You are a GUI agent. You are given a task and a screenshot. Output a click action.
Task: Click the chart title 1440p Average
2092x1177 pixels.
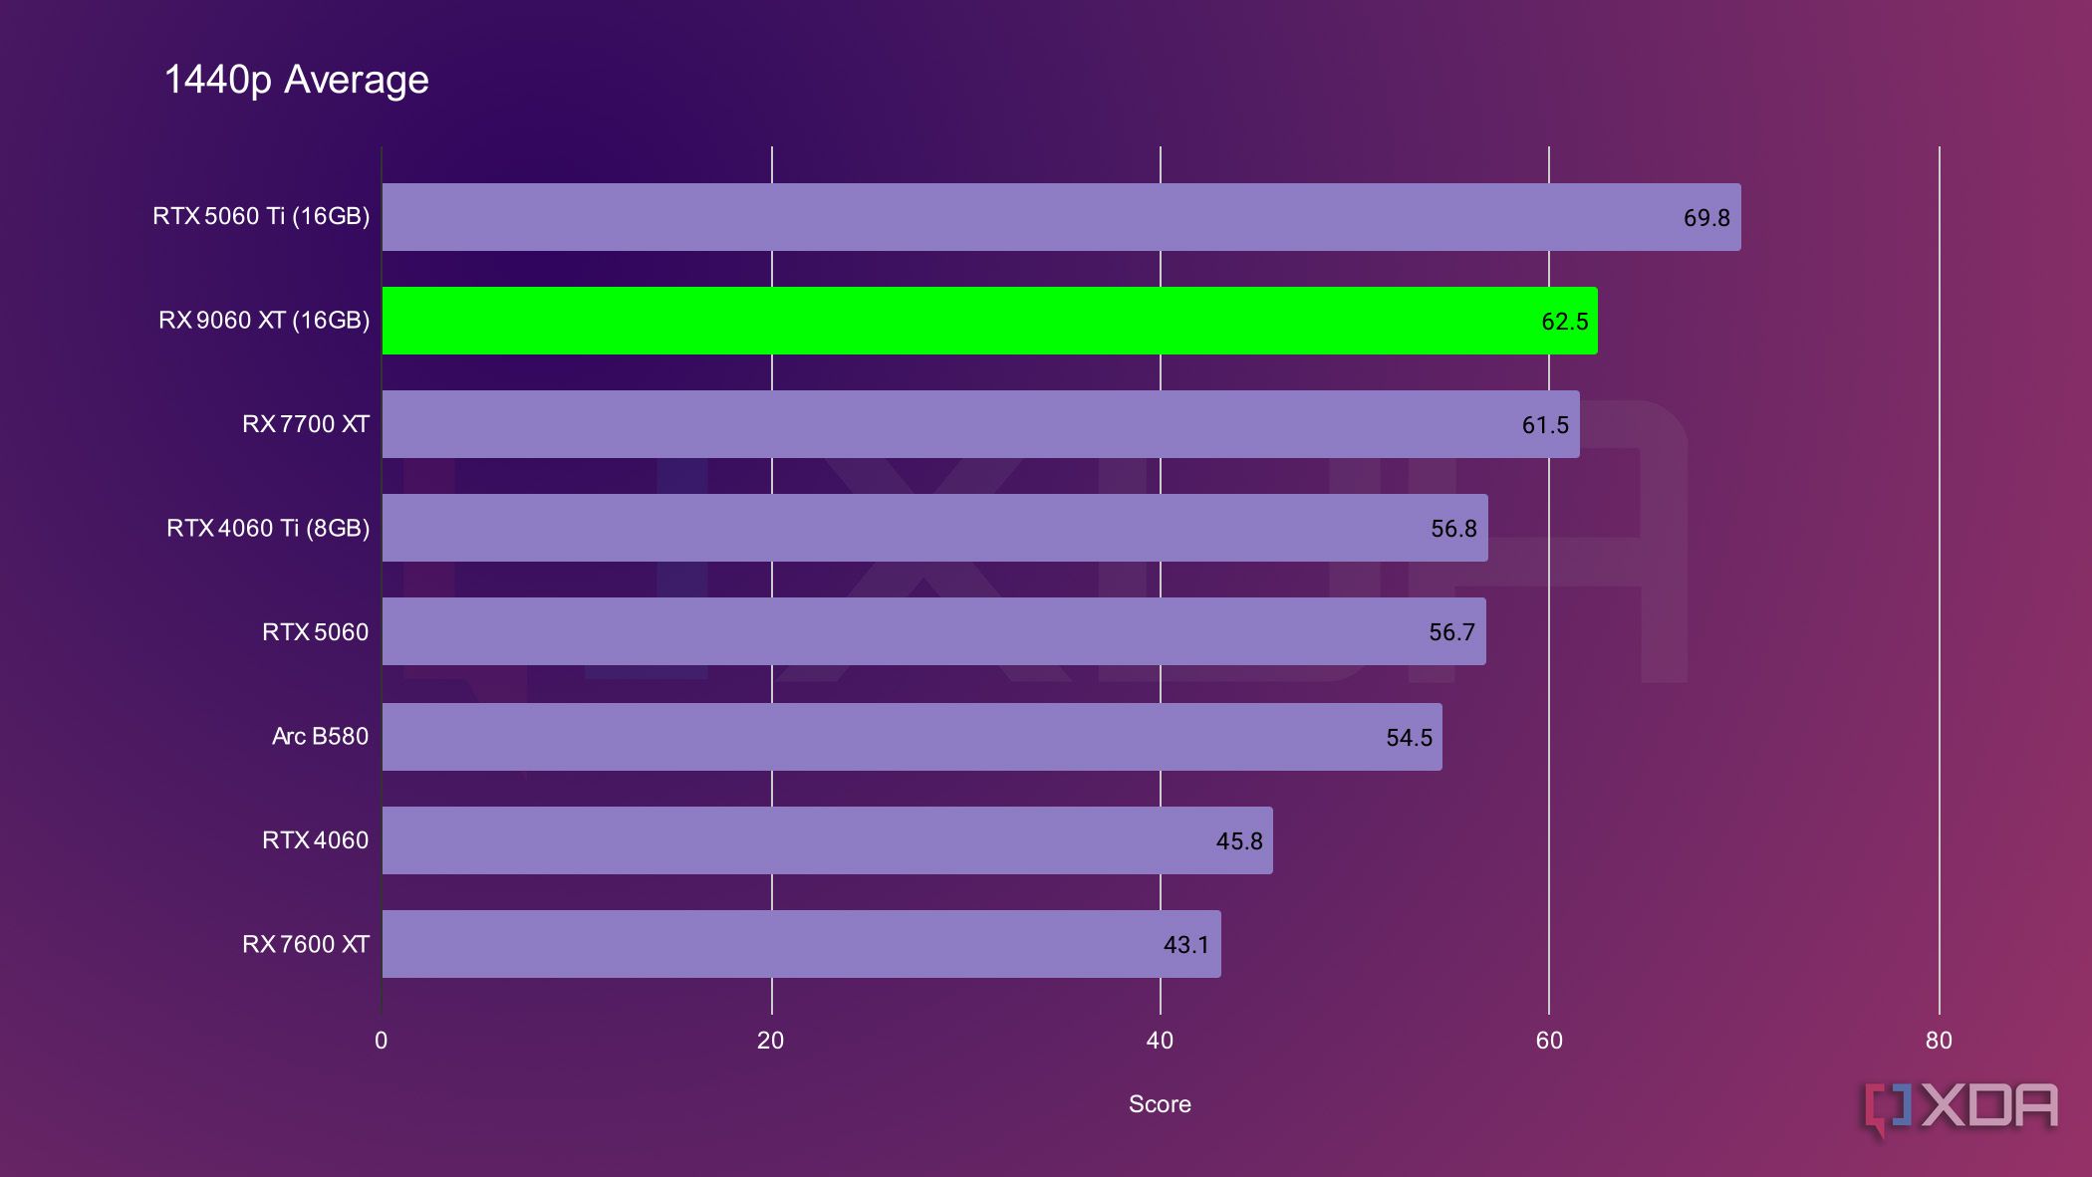pos(296,80)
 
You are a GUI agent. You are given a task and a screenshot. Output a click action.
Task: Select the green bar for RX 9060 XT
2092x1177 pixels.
pos(989,321)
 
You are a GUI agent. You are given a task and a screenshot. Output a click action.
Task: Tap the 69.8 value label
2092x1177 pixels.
pos(1705,218)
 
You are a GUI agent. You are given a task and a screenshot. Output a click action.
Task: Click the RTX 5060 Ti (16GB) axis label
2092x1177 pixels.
pos(261,216)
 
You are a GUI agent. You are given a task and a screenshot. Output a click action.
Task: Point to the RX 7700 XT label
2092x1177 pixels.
pos(305,424)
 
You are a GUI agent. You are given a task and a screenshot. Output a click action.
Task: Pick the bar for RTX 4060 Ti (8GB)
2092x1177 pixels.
pos(934,528)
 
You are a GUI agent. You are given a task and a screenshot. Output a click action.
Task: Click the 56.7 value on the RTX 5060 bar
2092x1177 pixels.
pos(1451,632)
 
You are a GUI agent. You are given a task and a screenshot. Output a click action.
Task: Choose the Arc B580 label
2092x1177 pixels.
pos(320,736)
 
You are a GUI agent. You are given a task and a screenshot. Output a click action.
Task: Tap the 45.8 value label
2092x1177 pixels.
pos(1238,841)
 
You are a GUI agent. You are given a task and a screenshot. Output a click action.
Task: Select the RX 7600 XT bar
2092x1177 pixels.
pos(801,944)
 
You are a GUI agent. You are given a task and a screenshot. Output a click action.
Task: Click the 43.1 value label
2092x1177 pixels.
pos(1185,945)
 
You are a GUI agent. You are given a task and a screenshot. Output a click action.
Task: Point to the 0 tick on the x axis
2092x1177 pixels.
pos(381,1041)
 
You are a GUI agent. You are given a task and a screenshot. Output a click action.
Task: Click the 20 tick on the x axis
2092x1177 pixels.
pos(770,1041)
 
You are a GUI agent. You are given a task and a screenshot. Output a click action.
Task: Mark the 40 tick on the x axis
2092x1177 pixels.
pos(1160,1041)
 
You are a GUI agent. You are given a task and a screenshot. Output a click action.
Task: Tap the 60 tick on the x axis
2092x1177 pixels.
pos(1549,1041)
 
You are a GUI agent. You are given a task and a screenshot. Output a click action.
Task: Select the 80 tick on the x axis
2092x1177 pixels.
pos(1939,1041)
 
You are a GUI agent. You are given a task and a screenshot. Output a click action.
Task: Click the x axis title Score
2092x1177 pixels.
pos(1160,1104)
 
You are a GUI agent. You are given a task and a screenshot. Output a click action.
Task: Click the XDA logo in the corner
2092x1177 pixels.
pos(1961,1107)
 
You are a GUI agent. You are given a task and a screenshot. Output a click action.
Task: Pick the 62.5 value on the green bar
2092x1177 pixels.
pos(1564,322)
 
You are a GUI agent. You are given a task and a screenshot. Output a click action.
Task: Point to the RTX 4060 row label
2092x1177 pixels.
pos(315,840)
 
